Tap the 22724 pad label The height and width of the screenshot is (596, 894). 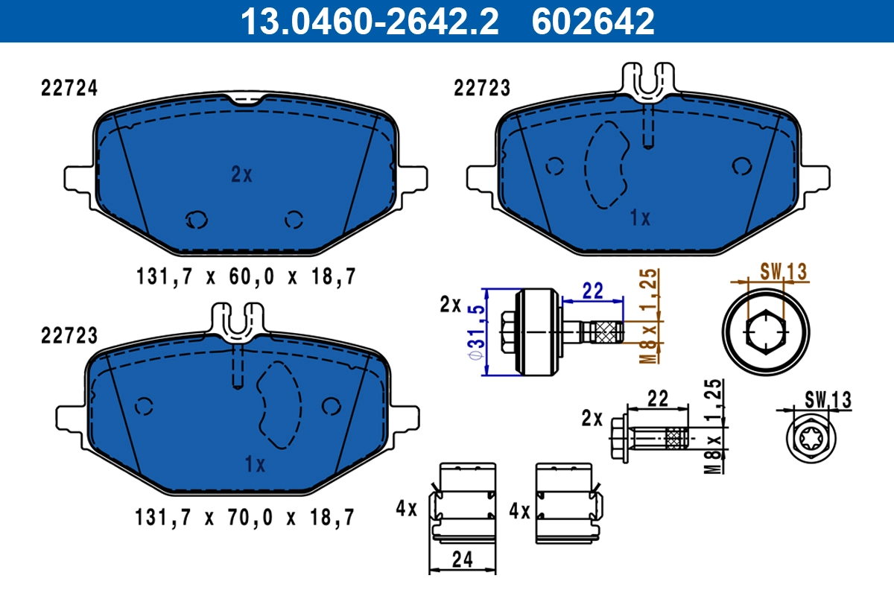68,88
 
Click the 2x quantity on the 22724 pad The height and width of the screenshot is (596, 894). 241,175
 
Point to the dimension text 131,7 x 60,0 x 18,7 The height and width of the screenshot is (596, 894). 246,277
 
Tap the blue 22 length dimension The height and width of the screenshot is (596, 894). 592,291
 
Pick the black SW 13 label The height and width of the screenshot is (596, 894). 828,400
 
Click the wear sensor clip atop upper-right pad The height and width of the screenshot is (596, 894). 649,80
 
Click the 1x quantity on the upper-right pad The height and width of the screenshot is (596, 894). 640,218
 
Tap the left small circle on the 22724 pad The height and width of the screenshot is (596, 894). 197,219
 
